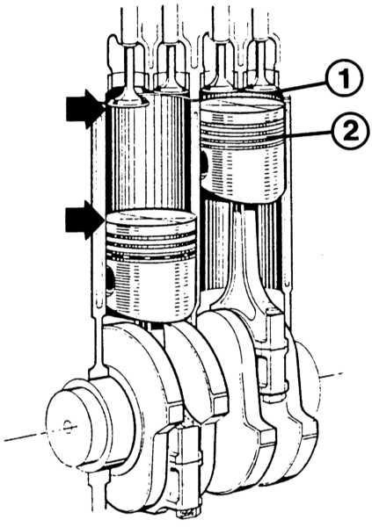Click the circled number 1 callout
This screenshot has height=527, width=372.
343,77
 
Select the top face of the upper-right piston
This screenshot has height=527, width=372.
242,105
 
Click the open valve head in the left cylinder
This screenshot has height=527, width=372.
127,102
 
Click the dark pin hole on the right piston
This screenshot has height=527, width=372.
204,162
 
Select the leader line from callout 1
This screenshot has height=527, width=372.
303,87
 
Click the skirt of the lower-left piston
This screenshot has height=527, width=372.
150,289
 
